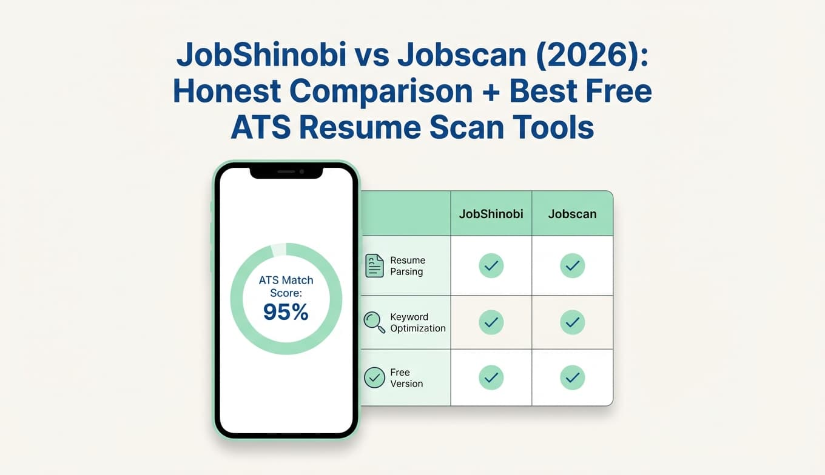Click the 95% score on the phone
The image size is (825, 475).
pyautogui.click(x=286, y=311)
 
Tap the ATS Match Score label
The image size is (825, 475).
pyautogui.click(x=286, y=286)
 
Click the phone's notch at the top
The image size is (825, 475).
pyautogui.click(x=286, y=172)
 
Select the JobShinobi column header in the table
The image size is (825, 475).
pyautogui.click(x=491, y=214)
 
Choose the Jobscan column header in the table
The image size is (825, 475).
pyautogui.click(x=572, y=214)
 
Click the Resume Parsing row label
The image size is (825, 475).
pyautogui.click(x=407, y=266)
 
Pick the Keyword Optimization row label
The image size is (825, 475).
pyautogui.click(x=417, y=322)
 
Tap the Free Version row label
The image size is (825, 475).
pyautogui.click(x=406, y=378)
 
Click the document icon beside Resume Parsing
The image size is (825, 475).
pyautogui.click(x=374, y=266)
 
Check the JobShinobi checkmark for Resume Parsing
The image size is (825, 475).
pyautogui.click(x=491, y=266)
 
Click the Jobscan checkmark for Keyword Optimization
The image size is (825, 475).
pyautogui.click(x=572, y=322)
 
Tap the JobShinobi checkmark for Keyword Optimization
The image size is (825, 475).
pyautogui.click(x=491, y=322)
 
